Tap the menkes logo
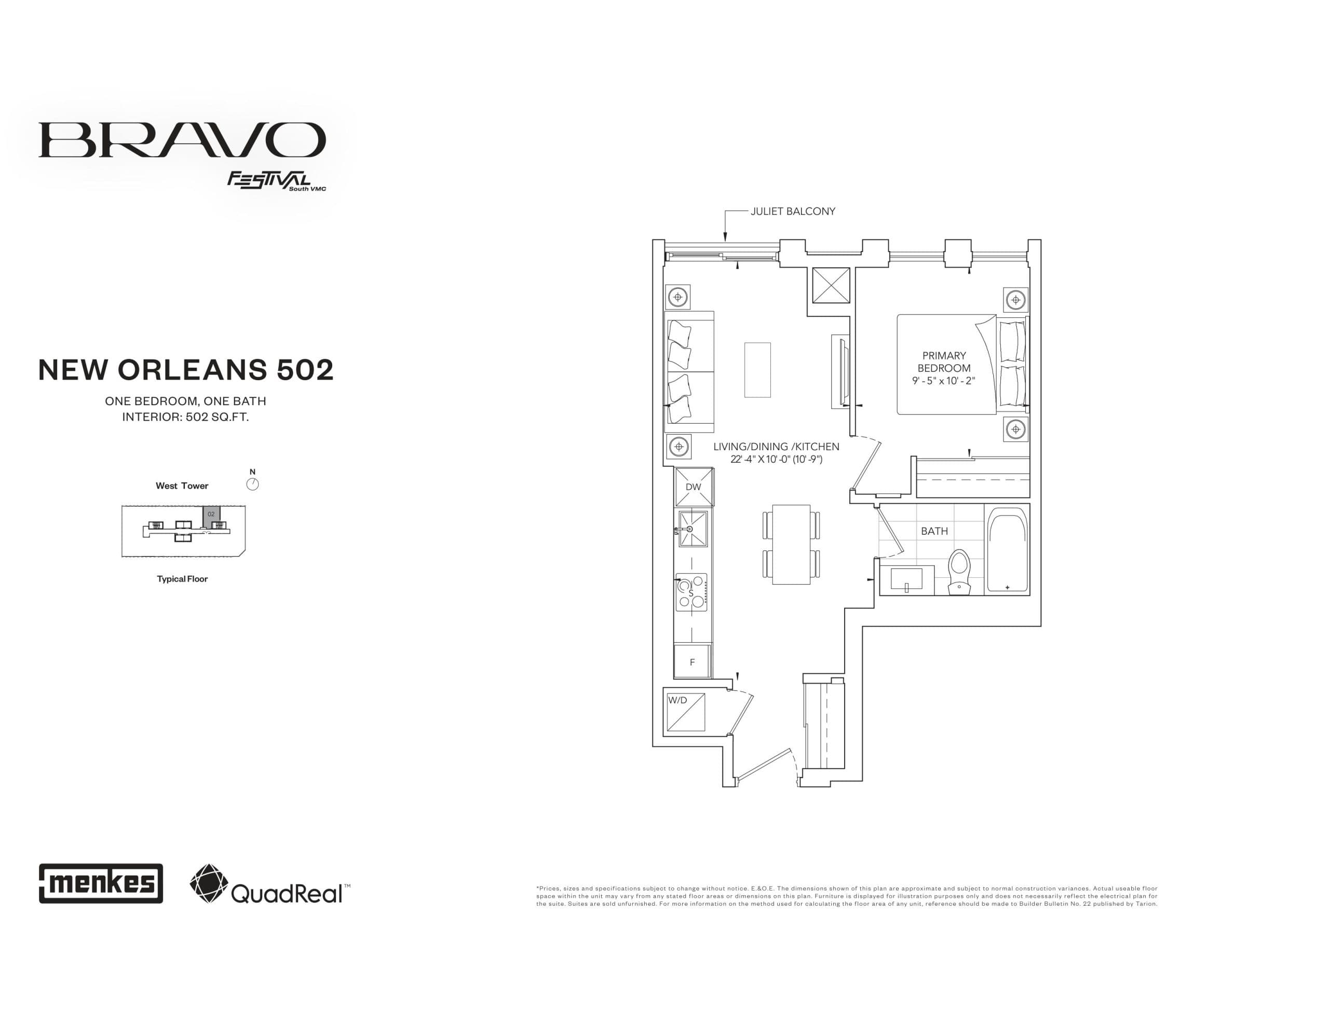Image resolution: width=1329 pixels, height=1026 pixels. click(101, 883)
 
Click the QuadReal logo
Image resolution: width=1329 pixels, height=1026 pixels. click(269, 884)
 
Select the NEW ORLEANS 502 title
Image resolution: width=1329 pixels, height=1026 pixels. click(186, 370)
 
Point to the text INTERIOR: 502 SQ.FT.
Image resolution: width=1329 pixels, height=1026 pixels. click(186, 417)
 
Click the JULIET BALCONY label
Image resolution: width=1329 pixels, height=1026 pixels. click(792, 211)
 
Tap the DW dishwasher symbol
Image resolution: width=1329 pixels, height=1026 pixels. click(694, 487)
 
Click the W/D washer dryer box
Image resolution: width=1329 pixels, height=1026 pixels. click(686, 712)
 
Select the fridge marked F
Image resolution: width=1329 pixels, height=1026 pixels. click(692, 662)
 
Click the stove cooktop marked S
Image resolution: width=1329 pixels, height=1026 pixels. click(691, 592)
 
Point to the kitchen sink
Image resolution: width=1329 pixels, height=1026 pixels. click(693, 529)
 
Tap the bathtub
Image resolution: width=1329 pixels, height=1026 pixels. click(1007, 550)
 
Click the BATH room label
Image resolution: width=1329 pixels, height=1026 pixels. click(934, 531)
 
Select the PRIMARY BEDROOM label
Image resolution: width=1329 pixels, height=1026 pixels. click(944, 362)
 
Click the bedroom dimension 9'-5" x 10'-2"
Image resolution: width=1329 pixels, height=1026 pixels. click(944, 381)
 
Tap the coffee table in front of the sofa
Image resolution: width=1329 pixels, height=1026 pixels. click(757, 370)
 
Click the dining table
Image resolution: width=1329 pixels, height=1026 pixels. click(791, 544)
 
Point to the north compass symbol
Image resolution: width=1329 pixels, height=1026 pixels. click(252, 484)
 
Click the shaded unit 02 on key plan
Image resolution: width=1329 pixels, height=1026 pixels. click(211, 514)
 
